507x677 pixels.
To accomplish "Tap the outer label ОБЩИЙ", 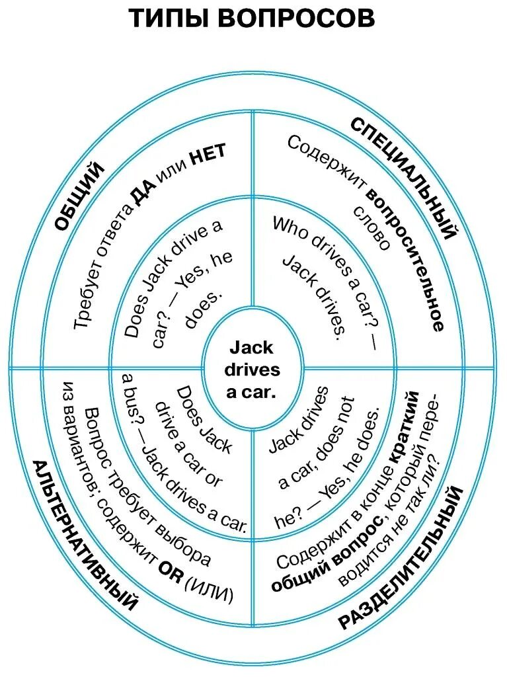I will [x=79, y=198].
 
